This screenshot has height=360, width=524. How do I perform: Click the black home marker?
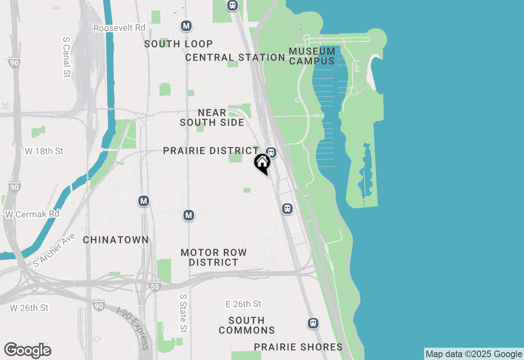pos(262,163)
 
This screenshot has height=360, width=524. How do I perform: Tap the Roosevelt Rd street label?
pos(120,28)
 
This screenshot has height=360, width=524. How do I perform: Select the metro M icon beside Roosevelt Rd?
pos(186,26)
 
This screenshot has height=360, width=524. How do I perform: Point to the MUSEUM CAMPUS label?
pos(312,56)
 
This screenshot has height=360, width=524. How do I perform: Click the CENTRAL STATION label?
pos(235,57)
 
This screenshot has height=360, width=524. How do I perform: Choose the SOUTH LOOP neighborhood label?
pos(178,44)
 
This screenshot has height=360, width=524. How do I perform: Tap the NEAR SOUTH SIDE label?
pos(212,117)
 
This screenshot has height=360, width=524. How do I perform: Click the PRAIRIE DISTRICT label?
pos(211,151)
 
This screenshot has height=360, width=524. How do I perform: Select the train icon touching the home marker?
pos(271,153)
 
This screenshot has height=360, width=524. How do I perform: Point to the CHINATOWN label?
pos(116,240)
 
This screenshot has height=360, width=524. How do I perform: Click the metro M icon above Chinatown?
pos(143,201)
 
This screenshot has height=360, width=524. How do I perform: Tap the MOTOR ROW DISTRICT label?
pos(214,257)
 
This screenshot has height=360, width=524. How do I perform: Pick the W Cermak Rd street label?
pos(32,214)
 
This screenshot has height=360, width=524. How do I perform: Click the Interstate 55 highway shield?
pos(154,287)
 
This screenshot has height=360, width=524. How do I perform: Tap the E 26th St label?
pos(243,304)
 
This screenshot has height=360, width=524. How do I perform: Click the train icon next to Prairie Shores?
pos(313,323)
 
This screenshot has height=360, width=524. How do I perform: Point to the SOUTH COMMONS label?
pos(246,325)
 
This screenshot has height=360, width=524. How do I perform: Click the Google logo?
pos(27,350)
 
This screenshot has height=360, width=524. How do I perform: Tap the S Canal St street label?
pos(67,57)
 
